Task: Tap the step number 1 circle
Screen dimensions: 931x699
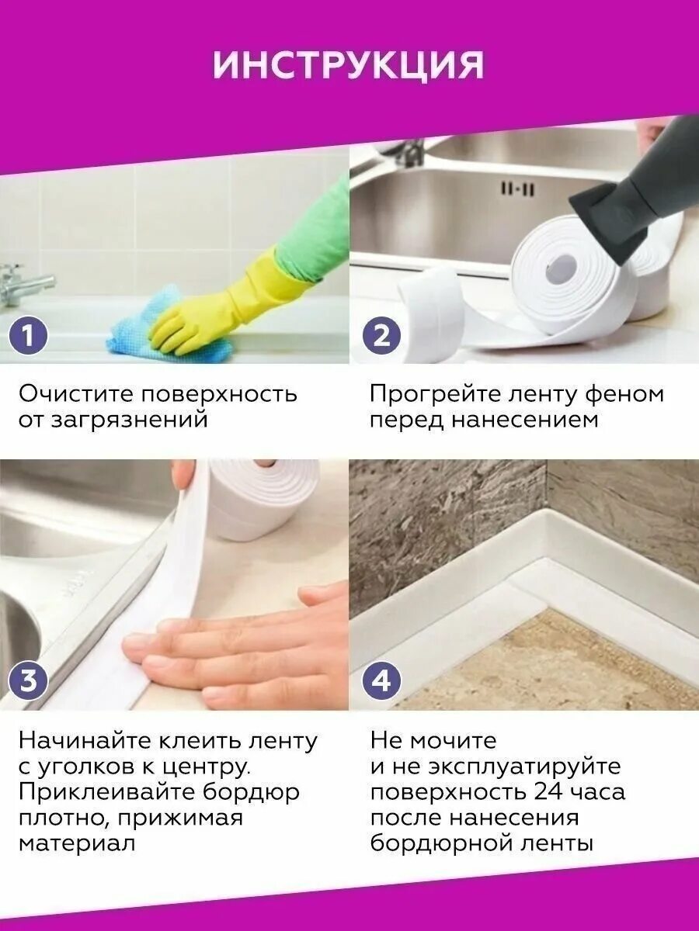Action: click(x=28, y=337)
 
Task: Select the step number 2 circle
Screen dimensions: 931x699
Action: click(x=381, y=337)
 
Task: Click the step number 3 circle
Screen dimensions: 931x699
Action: click(x=28, y=682)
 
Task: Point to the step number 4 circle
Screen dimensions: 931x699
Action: click(x=381, y=682)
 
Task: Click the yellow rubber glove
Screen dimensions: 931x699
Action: click(x=225, y=303)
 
